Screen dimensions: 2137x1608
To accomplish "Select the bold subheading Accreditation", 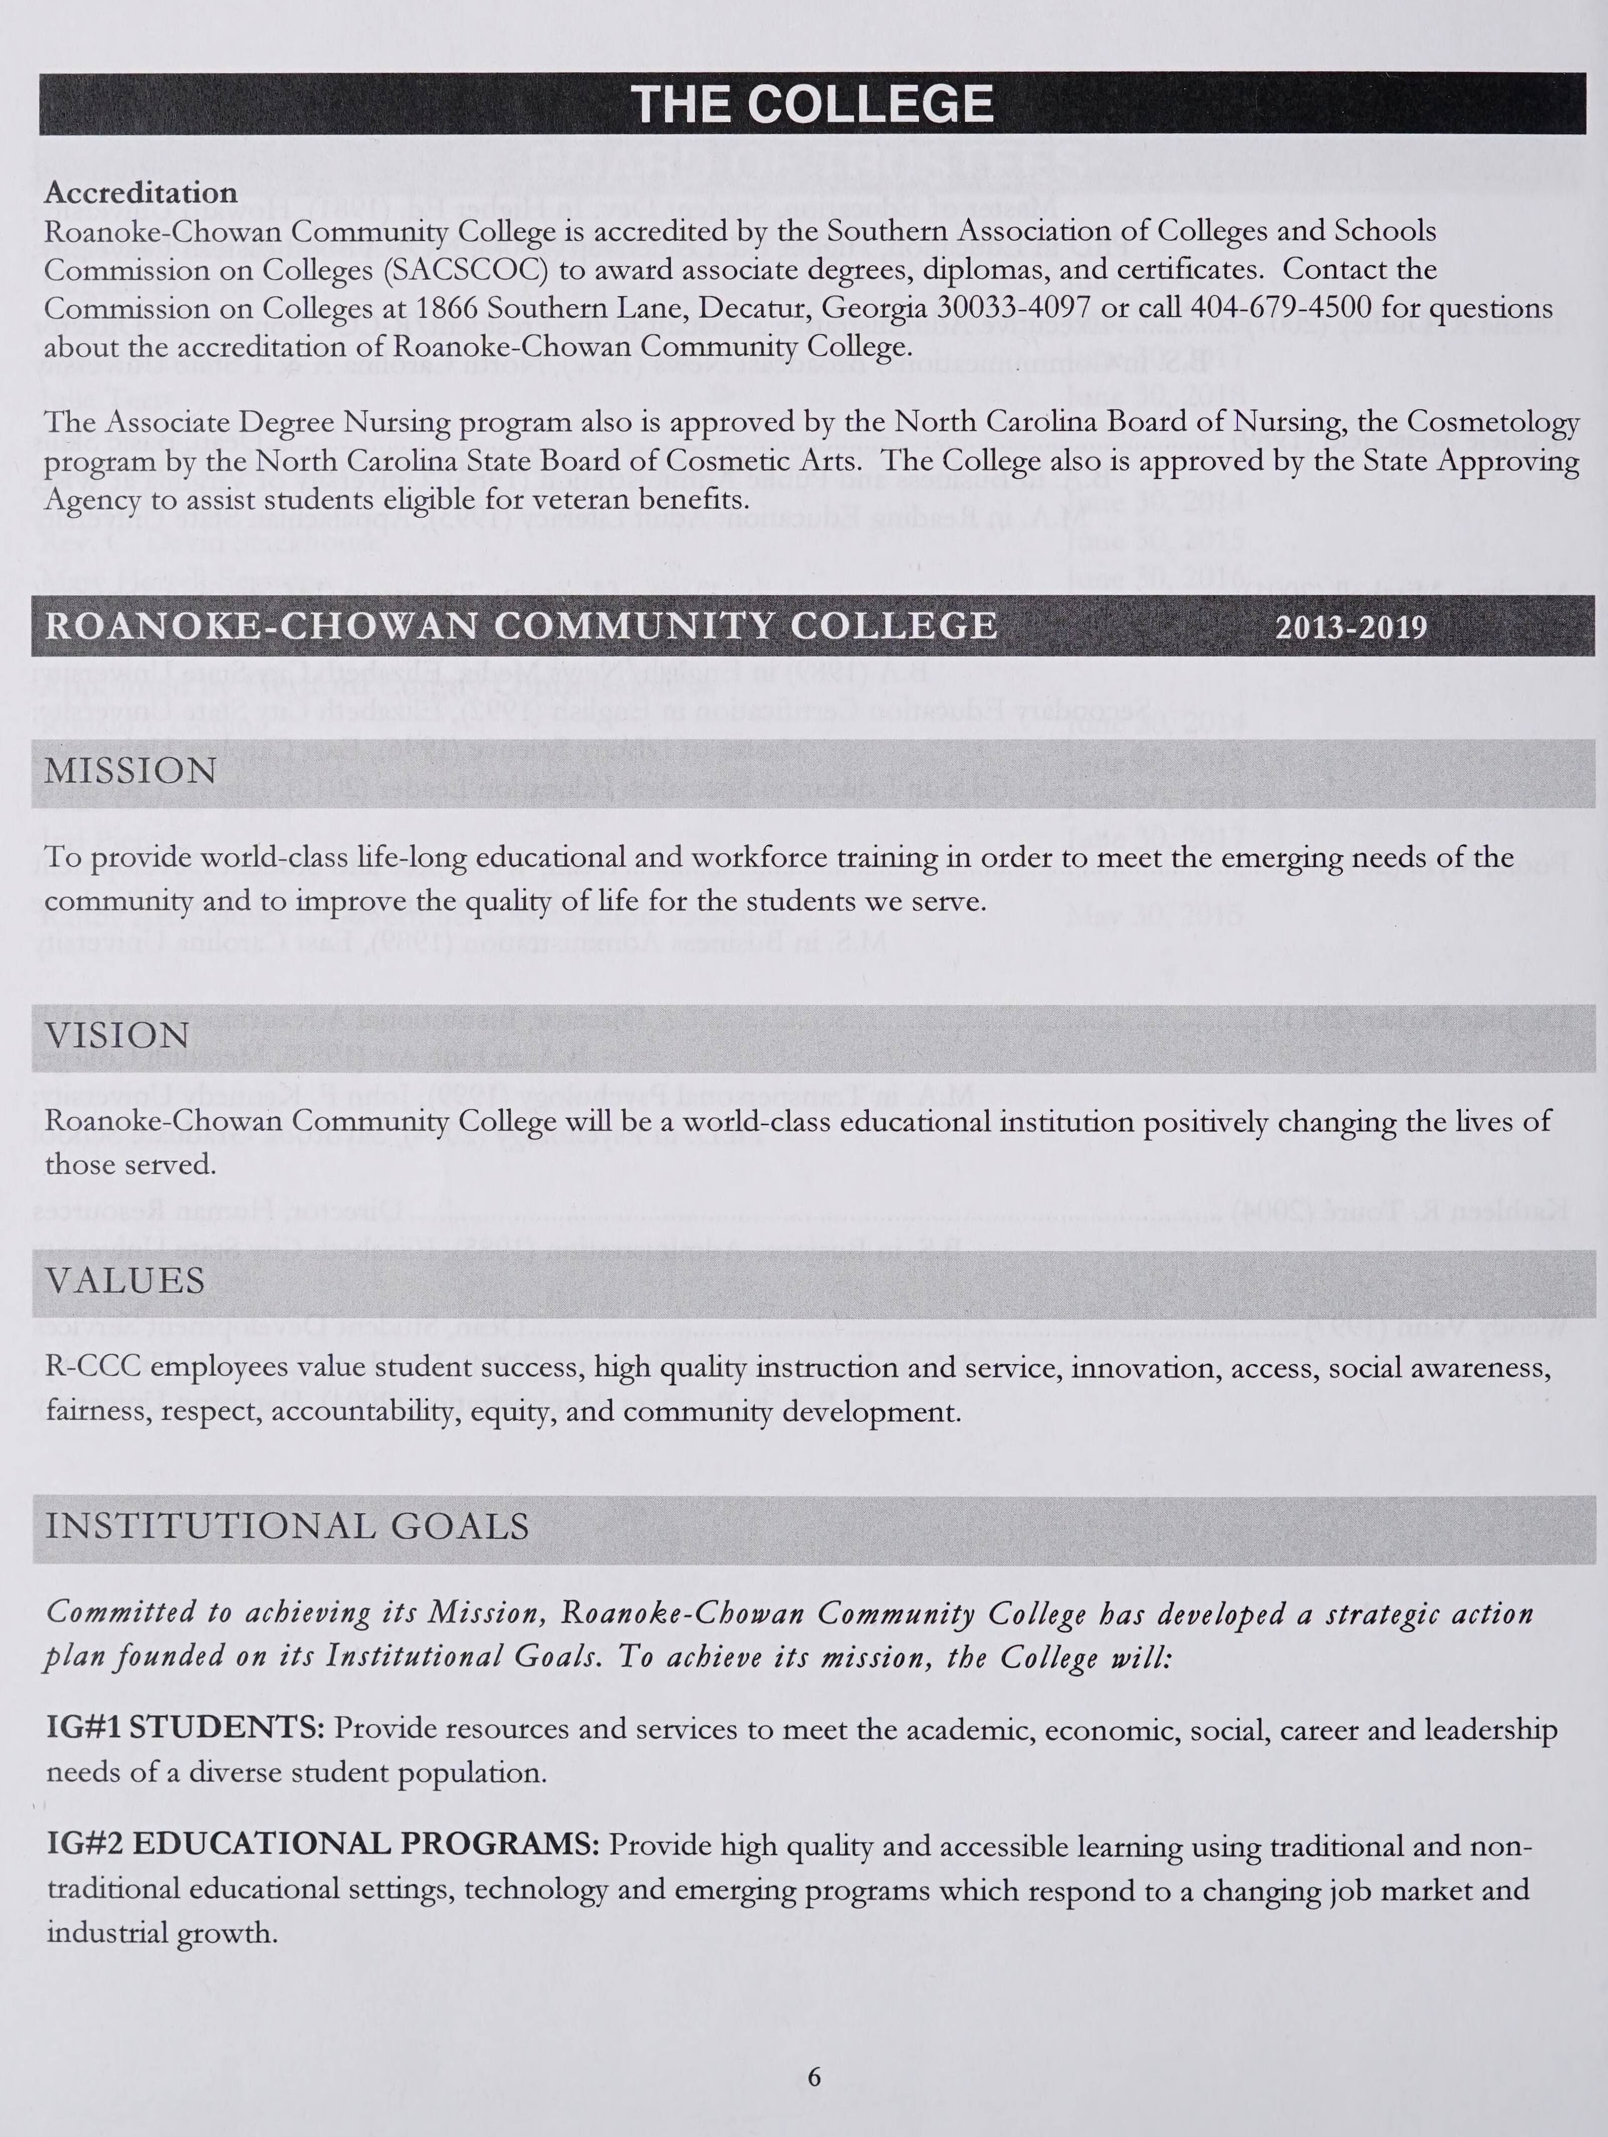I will (x=141, y=193).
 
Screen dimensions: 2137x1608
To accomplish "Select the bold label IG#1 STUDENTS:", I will (x=185, y=1728).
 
